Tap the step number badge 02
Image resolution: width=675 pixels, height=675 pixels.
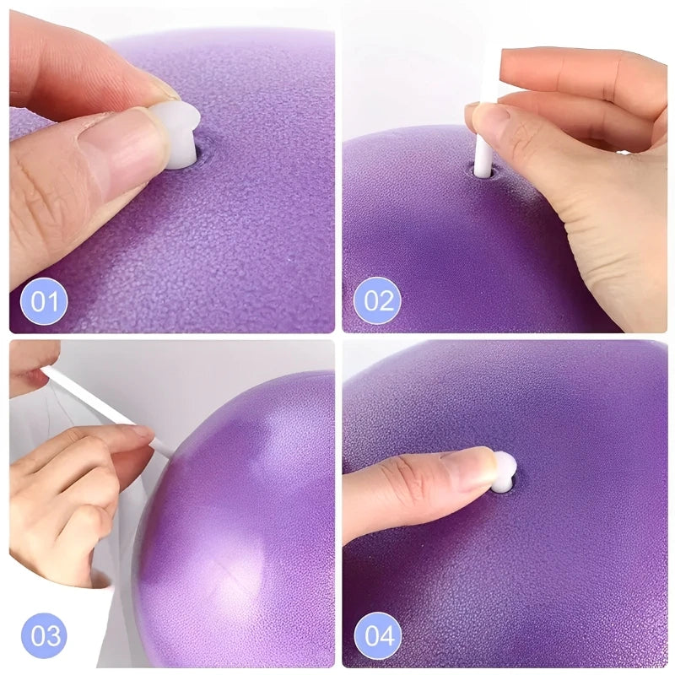click(377, 301)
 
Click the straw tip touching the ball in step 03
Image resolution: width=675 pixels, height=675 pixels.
click(169, 451)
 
